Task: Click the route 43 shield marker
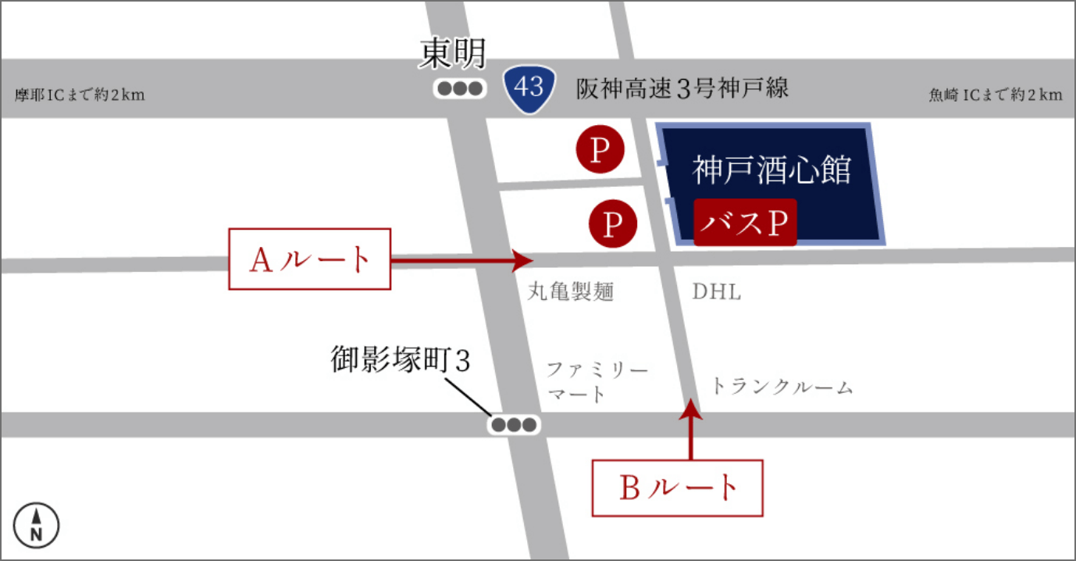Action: (x=529, y=87)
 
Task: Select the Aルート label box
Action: (x=309, y=259)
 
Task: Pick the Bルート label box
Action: (x=677, y=488)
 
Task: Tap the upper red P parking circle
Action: (x=600, y=150)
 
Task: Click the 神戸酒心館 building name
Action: (x=771, y=170)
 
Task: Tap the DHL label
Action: (x=717, y=293)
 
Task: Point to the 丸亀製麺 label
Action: (x=571, y=292)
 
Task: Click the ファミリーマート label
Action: (x=597, y=381)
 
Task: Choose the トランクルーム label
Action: (x=782, y=387)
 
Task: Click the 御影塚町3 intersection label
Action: (x=402, y=361)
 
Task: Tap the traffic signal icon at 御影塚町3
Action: (x=514, y=425)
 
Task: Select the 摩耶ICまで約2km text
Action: (x=80, y=95)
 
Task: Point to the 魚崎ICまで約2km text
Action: (x=995, y=95)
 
